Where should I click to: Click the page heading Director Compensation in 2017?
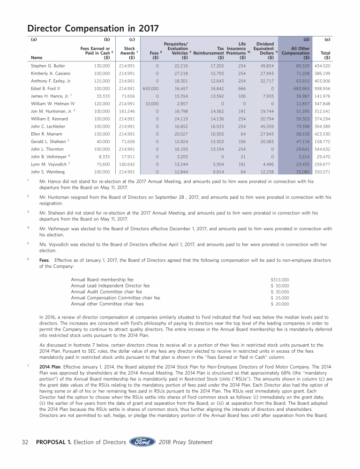click(x=91, y=28)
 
